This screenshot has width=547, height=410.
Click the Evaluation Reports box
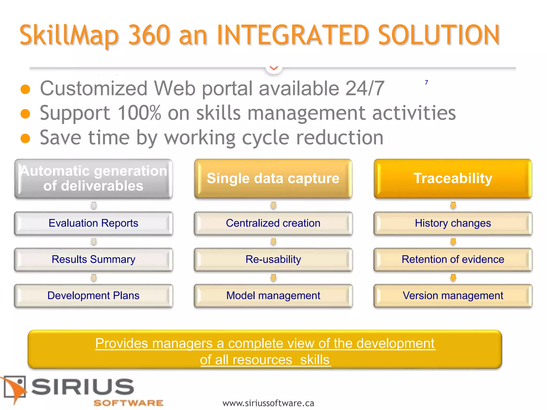(93, 223)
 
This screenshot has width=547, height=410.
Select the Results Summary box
(93, 259)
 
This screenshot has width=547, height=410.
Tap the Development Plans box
(93, 296)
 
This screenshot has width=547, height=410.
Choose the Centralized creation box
(273, 223)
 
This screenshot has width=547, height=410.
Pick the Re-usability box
(273, 259)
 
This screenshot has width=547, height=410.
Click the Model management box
(273, 296)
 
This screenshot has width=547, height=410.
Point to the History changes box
(453, 223)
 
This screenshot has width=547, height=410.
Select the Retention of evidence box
(453, 259)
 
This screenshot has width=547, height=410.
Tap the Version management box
(453, 296)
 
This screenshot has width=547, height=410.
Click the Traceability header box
(453, 178)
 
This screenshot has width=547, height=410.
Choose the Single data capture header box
(273, 178)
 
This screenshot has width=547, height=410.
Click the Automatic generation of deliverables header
(93, 178)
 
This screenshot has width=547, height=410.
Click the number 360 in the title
(149, 35)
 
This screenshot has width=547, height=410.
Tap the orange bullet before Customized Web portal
(25, 89)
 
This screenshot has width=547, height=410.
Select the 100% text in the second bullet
(139, 113)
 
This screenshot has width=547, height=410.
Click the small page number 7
(426, 82)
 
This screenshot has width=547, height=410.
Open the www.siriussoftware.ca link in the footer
(268, 403)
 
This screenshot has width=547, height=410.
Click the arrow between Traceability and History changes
(453, 206)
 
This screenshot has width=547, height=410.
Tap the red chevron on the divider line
(274, 68)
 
